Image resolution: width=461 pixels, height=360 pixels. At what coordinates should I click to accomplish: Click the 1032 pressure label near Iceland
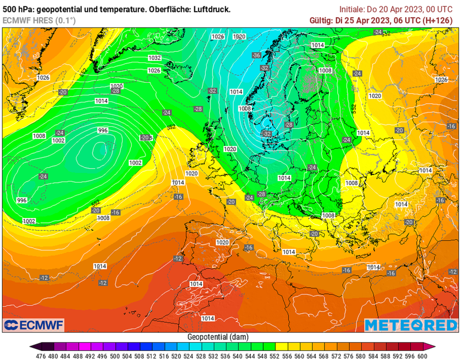(154, 58)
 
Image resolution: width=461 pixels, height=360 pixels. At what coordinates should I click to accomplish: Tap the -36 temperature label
(256, 55)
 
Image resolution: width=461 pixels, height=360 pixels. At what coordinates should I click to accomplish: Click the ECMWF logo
(34, 324)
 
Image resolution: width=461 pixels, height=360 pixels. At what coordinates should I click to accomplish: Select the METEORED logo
(411, 325)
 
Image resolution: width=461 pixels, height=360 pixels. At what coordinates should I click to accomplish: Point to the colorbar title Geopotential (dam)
(217, 337)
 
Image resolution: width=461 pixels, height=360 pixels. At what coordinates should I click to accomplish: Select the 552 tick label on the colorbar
(270, 355)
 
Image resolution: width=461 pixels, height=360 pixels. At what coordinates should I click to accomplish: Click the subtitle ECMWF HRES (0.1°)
(39, 20)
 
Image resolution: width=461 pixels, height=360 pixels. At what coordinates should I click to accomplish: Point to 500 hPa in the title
(15, 9)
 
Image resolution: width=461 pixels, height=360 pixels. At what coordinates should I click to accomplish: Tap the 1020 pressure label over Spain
(222, 242)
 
